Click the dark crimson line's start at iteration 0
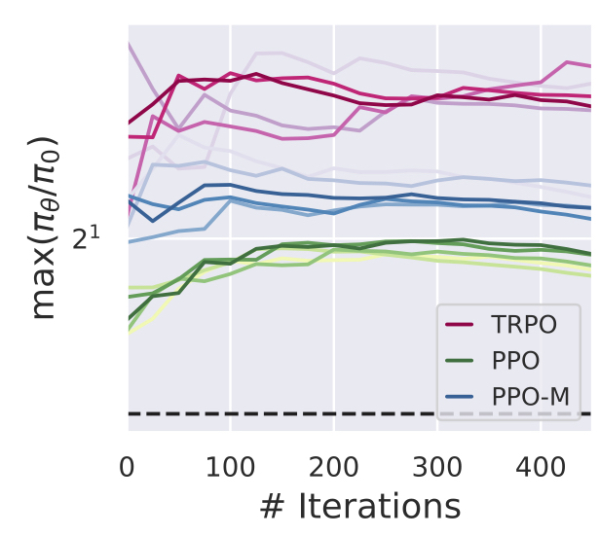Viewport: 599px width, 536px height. click(x=128, y=124)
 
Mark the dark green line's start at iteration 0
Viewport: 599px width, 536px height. click(x=128, y=318)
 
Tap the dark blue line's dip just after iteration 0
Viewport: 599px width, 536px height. click(x=153, y=221)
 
